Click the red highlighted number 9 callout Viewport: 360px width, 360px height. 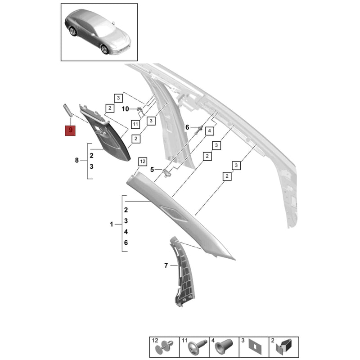click(70, 130)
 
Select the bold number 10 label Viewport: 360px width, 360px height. click(126, 109)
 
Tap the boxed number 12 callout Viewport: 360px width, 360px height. click(143, 162)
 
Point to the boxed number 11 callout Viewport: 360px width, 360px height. click(135, 125)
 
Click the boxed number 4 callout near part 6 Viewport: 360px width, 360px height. click(209, 131)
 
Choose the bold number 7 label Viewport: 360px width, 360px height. click(166, 265)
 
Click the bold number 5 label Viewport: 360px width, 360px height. click(152, 170)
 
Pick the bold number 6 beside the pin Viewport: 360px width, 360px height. click(187, 127)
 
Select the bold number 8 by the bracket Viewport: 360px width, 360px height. click(77, 160)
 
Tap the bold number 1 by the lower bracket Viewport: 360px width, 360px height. click(112, 224)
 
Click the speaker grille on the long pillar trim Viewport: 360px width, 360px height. click(174, 213)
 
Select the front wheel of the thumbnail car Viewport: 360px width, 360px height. click(105, 49)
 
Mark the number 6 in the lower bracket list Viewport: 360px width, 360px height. click(126, 243)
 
